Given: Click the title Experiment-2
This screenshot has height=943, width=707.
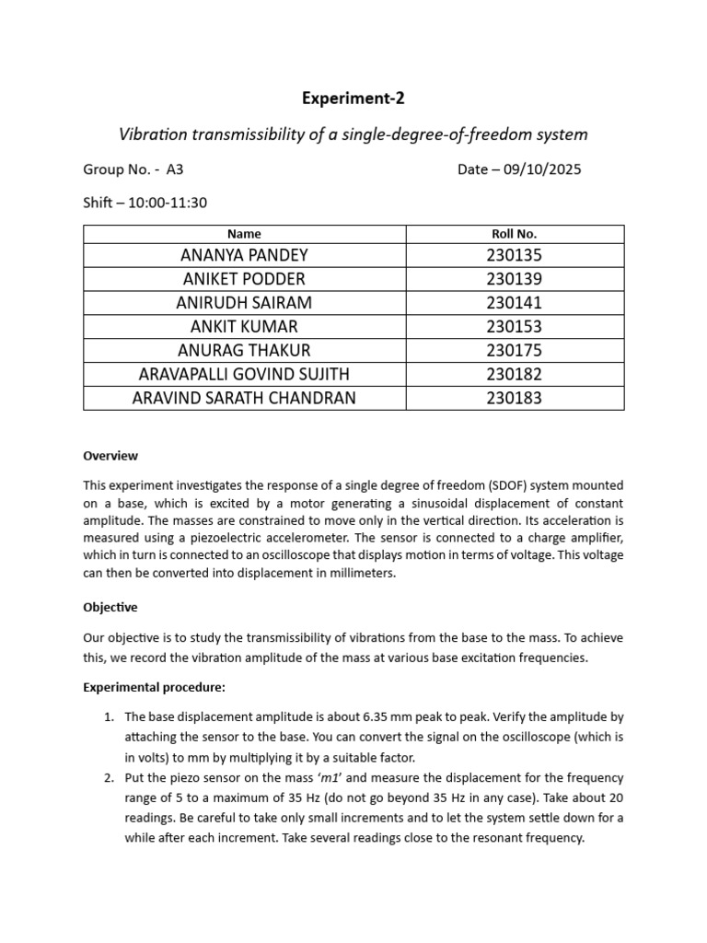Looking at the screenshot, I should click(353, 99).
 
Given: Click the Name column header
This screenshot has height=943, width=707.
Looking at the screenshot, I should click(244, 234).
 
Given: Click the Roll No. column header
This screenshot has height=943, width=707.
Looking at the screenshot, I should click(515, 234).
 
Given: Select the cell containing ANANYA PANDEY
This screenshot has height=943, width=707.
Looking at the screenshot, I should click(244, 255).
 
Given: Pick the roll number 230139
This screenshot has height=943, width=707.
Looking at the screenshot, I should click(515, 279).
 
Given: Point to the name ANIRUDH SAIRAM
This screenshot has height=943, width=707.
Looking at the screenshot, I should click(244, 303).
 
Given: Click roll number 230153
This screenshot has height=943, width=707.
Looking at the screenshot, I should click(515, 327).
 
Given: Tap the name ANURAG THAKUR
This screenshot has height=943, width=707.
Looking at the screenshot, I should click(244, 351).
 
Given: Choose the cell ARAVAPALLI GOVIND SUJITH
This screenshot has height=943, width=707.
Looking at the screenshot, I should click(244, 375).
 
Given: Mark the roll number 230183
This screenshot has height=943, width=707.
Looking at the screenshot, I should click(515, 399).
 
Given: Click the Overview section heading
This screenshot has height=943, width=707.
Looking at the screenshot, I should click(110, 456).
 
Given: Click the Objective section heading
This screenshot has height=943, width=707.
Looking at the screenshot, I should click(110, 608).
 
